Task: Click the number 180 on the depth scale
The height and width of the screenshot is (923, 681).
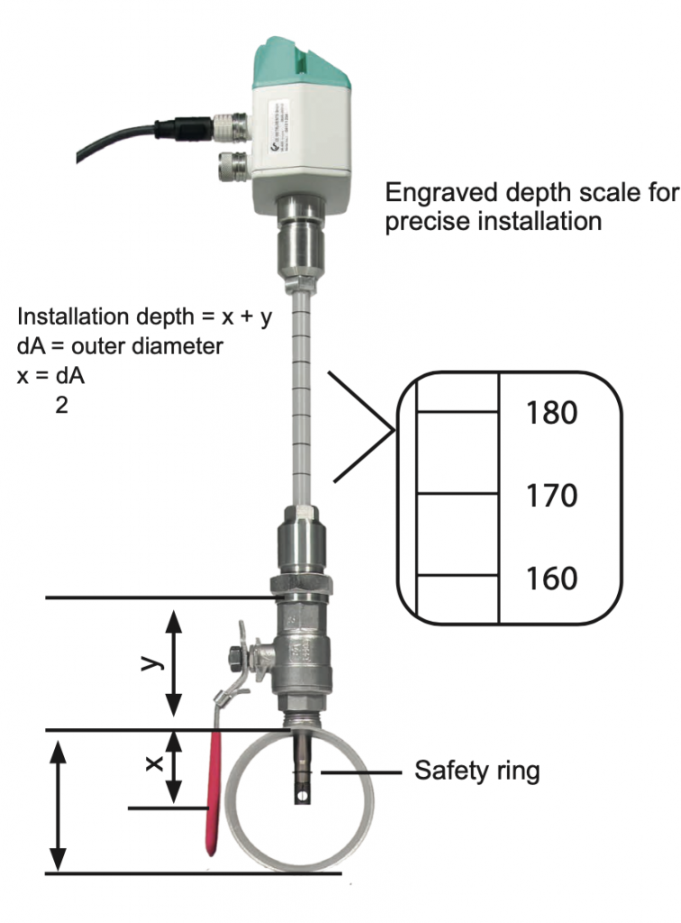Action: pyautogui.click(x=550, y=413)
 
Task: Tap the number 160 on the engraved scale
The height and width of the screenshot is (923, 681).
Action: pyautogui.click(x=550, y=577)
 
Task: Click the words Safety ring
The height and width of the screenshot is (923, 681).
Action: pyautogui.click(x=477, y=771)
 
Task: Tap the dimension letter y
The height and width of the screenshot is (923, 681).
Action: pyautogui.click(x=151, y=663)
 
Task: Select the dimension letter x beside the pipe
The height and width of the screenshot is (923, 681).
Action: pyautogui.click(x=153, y=763)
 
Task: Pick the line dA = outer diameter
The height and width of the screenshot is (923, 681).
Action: pyautogui.click(x=121, y=345)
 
